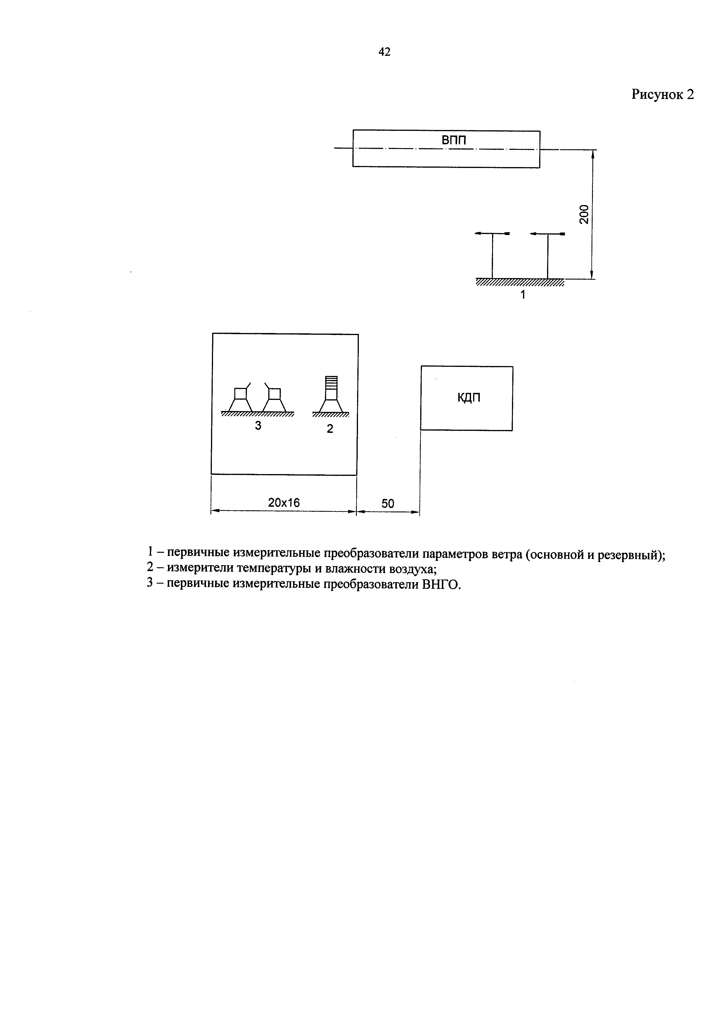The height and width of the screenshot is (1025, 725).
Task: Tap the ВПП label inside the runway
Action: click(454, 140)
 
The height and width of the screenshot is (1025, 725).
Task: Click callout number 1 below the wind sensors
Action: click(523, 295)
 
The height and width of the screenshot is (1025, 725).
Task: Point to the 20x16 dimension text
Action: click(284, 503)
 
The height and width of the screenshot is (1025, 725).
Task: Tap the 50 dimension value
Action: click(388, 504)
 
